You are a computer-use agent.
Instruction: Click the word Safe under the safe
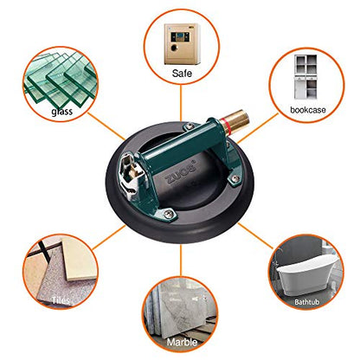tap(182, 74)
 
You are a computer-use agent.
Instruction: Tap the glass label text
tap(61, 112)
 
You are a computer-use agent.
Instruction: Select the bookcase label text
tap(308, 110)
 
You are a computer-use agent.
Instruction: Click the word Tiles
tap(61, 300)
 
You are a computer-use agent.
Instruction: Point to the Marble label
tap(182, 342)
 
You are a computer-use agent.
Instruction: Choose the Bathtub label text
tap(306, 302)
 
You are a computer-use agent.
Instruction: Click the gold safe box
tap(183, 44)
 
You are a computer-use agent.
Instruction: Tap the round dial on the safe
tap(174, 48)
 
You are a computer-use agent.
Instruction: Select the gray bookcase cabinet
tap(305, 77)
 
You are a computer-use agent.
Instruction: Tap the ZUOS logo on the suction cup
tap(181, 173)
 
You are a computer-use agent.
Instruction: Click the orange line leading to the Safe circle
tap(181, 103)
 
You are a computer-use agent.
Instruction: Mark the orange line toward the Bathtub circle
tap(255, 235)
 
